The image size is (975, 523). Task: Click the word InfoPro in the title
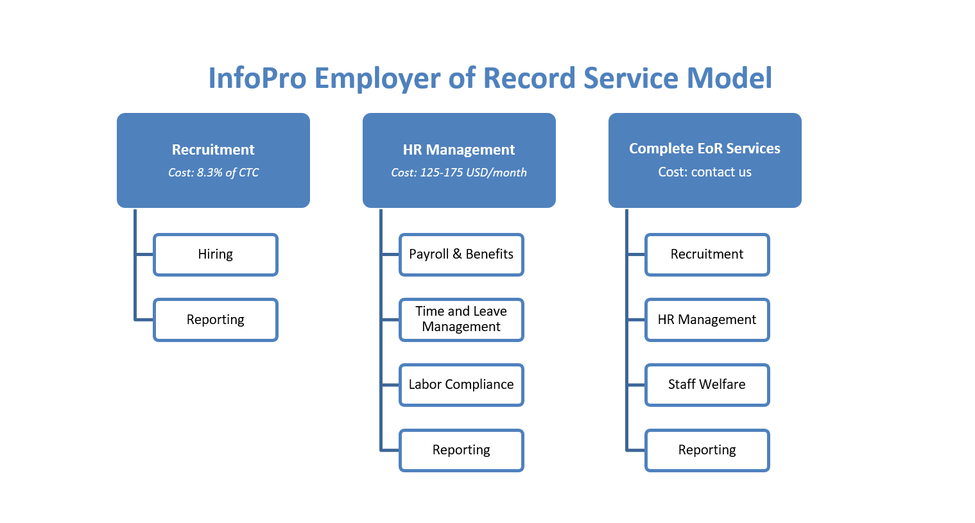257,78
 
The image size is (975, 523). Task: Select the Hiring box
216,255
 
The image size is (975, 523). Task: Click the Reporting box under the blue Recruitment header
216,320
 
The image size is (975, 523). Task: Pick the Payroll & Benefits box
462,255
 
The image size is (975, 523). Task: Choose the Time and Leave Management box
462,320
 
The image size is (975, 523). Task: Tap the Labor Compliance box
462,385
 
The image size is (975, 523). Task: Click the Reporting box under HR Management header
462,450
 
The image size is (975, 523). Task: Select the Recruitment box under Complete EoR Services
707,255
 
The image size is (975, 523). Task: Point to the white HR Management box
707,320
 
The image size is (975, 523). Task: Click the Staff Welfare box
707,385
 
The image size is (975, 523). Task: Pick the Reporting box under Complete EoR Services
707,450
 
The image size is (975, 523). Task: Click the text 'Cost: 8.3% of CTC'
213,173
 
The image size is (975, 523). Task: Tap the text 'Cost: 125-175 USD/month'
459,173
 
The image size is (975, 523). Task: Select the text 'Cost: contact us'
705,172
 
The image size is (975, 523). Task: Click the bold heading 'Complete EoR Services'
705,148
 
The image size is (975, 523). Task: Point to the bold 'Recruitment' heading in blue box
213,150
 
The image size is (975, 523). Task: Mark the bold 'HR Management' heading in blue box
459,150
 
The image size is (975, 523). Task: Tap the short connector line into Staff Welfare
637,385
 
